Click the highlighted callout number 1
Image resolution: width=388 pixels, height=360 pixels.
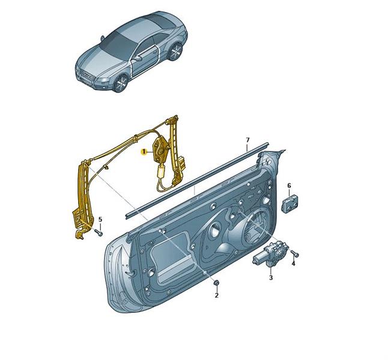click(144, 152)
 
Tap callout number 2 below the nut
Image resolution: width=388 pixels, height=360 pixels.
click(216, 295)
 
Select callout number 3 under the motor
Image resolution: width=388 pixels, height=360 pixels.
click(271, 277)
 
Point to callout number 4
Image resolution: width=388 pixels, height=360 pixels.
click(293, 263)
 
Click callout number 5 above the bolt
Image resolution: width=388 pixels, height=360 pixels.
click(100, 219)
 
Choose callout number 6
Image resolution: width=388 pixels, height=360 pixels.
click(289, 185)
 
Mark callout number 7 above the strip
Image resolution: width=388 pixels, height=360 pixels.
click(247, 140)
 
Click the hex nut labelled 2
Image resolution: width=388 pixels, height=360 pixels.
click(216, 283)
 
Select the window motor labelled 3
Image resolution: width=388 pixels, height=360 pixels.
click(270, 254)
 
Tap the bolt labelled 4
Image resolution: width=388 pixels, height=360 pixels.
click(295, 253)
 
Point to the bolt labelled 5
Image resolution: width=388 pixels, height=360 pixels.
click(99, 232)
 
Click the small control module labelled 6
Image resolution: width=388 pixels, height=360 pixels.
click(289, 203)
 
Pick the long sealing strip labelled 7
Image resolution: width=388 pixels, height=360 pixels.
click(197, 180)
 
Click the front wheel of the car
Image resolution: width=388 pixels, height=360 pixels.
click(121, 83)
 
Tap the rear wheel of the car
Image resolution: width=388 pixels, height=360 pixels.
click(176, 52)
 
